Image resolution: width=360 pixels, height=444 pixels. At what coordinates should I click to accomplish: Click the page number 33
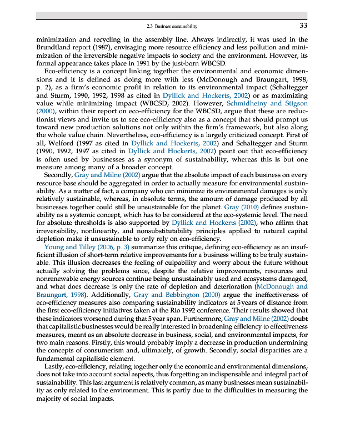point(303,26)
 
